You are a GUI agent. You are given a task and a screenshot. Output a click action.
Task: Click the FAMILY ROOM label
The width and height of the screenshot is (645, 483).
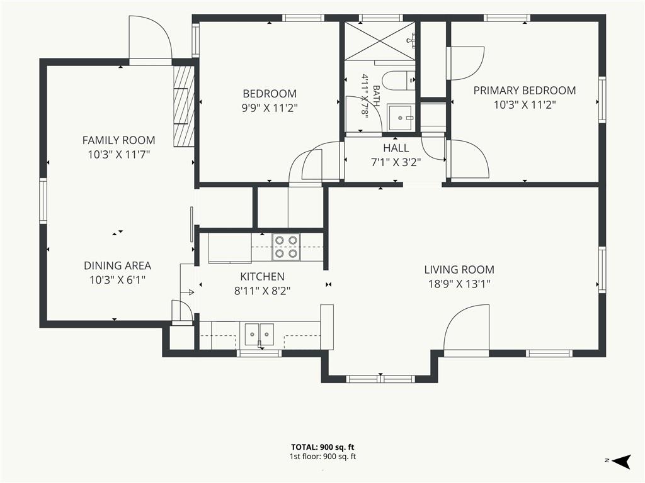tap(119, 140)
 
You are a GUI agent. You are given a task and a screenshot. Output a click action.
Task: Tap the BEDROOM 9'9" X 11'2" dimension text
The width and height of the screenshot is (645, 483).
tap(270, 108)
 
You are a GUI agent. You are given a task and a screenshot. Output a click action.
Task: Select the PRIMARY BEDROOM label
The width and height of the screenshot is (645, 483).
tap(525, 91)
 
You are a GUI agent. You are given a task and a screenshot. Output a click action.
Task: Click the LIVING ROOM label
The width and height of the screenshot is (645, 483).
tap(459, 269)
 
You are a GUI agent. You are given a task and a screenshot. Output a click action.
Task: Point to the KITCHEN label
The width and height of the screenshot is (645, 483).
tap(263, 277)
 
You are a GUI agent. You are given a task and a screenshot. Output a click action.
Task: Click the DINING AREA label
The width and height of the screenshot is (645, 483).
tap(118, 266)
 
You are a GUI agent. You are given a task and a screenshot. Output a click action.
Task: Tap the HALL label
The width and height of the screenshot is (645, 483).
tap(396, 148)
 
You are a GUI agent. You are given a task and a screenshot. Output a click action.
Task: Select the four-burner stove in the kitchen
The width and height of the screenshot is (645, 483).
tap(287, 247)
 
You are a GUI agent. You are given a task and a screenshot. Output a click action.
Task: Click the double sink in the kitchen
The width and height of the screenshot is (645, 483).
tap(259, 335)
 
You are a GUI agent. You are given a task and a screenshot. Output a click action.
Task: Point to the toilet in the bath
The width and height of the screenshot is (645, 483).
tap(398, 81)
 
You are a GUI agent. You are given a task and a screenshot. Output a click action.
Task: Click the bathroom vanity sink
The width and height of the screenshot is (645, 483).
tap(399, 118)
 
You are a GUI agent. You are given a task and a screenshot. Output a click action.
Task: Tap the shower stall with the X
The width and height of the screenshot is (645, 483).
tap(380, 40)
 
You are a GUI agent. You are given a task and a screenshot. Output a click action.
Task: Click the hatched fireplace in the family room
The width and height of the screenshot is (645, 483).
tap(183, 106)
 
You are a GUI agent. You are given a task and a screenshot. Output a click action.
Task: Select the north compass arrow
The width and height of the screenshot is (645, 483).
tap(622, 461)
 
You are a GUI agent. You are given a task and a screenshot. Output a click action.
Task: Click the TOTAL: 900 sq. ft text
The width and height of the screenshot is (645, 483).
tap(322, 447)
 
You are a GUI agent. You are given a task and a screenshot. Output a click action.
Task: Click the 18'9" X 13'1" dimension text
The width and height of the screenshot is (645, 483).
tap(459, 284)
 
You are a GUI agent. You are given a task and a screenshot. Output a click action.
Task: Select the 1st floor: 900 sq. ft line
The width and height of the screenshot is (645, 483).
tap(322, 457)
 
